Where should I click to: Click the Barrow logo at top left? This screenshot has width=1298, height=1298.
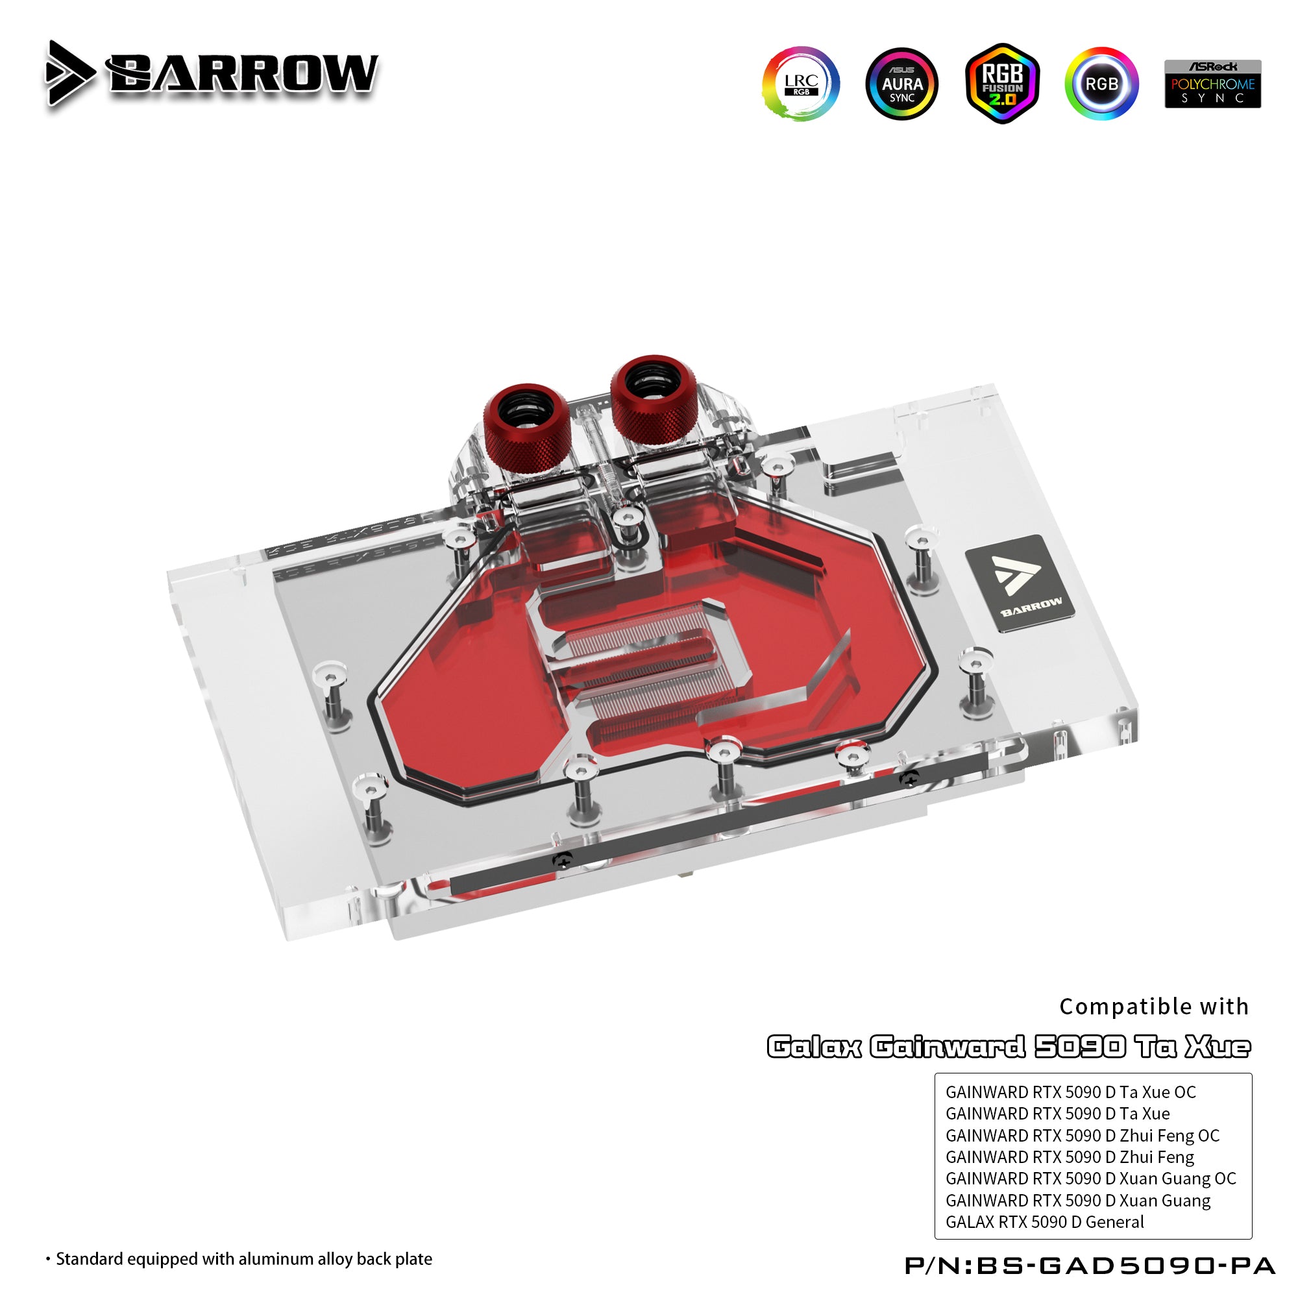tap(212, 73)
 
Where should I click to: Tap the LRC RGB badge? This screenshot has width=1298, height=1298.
tap(801, 84)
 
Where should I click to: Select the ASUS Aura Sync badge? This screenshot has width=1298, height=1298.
tap(901, 84)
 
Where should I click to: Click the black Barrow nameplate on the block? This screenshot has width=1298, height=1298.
tap(1020, 583)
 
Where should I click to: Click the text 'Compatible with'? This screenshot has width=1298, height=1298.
tap(1153, 1007)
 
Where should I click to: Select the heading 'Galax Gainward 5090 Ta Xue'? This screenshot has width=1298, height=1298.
tap(1009, 1047)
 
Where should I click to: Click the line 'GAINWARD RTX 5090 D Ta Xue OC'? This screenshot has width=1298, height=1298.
tap(1070, 1092)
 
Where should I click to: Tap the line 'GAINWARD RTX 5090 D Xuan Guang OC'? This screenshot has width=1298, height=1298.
tap(1090, 1179)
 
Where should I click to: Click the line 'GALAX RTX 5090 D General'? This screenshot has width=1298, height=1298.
tap(1044, 1222)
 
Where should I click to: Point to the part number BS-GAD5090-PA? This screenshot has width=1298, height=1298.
tap(1090, 1266)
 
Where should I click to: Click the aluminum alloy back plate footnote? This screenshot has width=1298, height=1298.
tap(239, 1259)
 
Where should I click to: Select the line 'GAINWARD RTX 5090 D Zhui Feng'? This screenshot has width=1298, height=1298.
tap(1070, 1158)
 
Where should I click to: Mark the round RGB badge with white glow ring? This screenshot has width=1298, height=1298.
tap(1101, 84)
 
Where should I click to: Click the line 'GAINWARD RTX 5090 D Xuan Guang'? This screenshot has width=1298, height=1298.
tap(1077, 1201)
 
